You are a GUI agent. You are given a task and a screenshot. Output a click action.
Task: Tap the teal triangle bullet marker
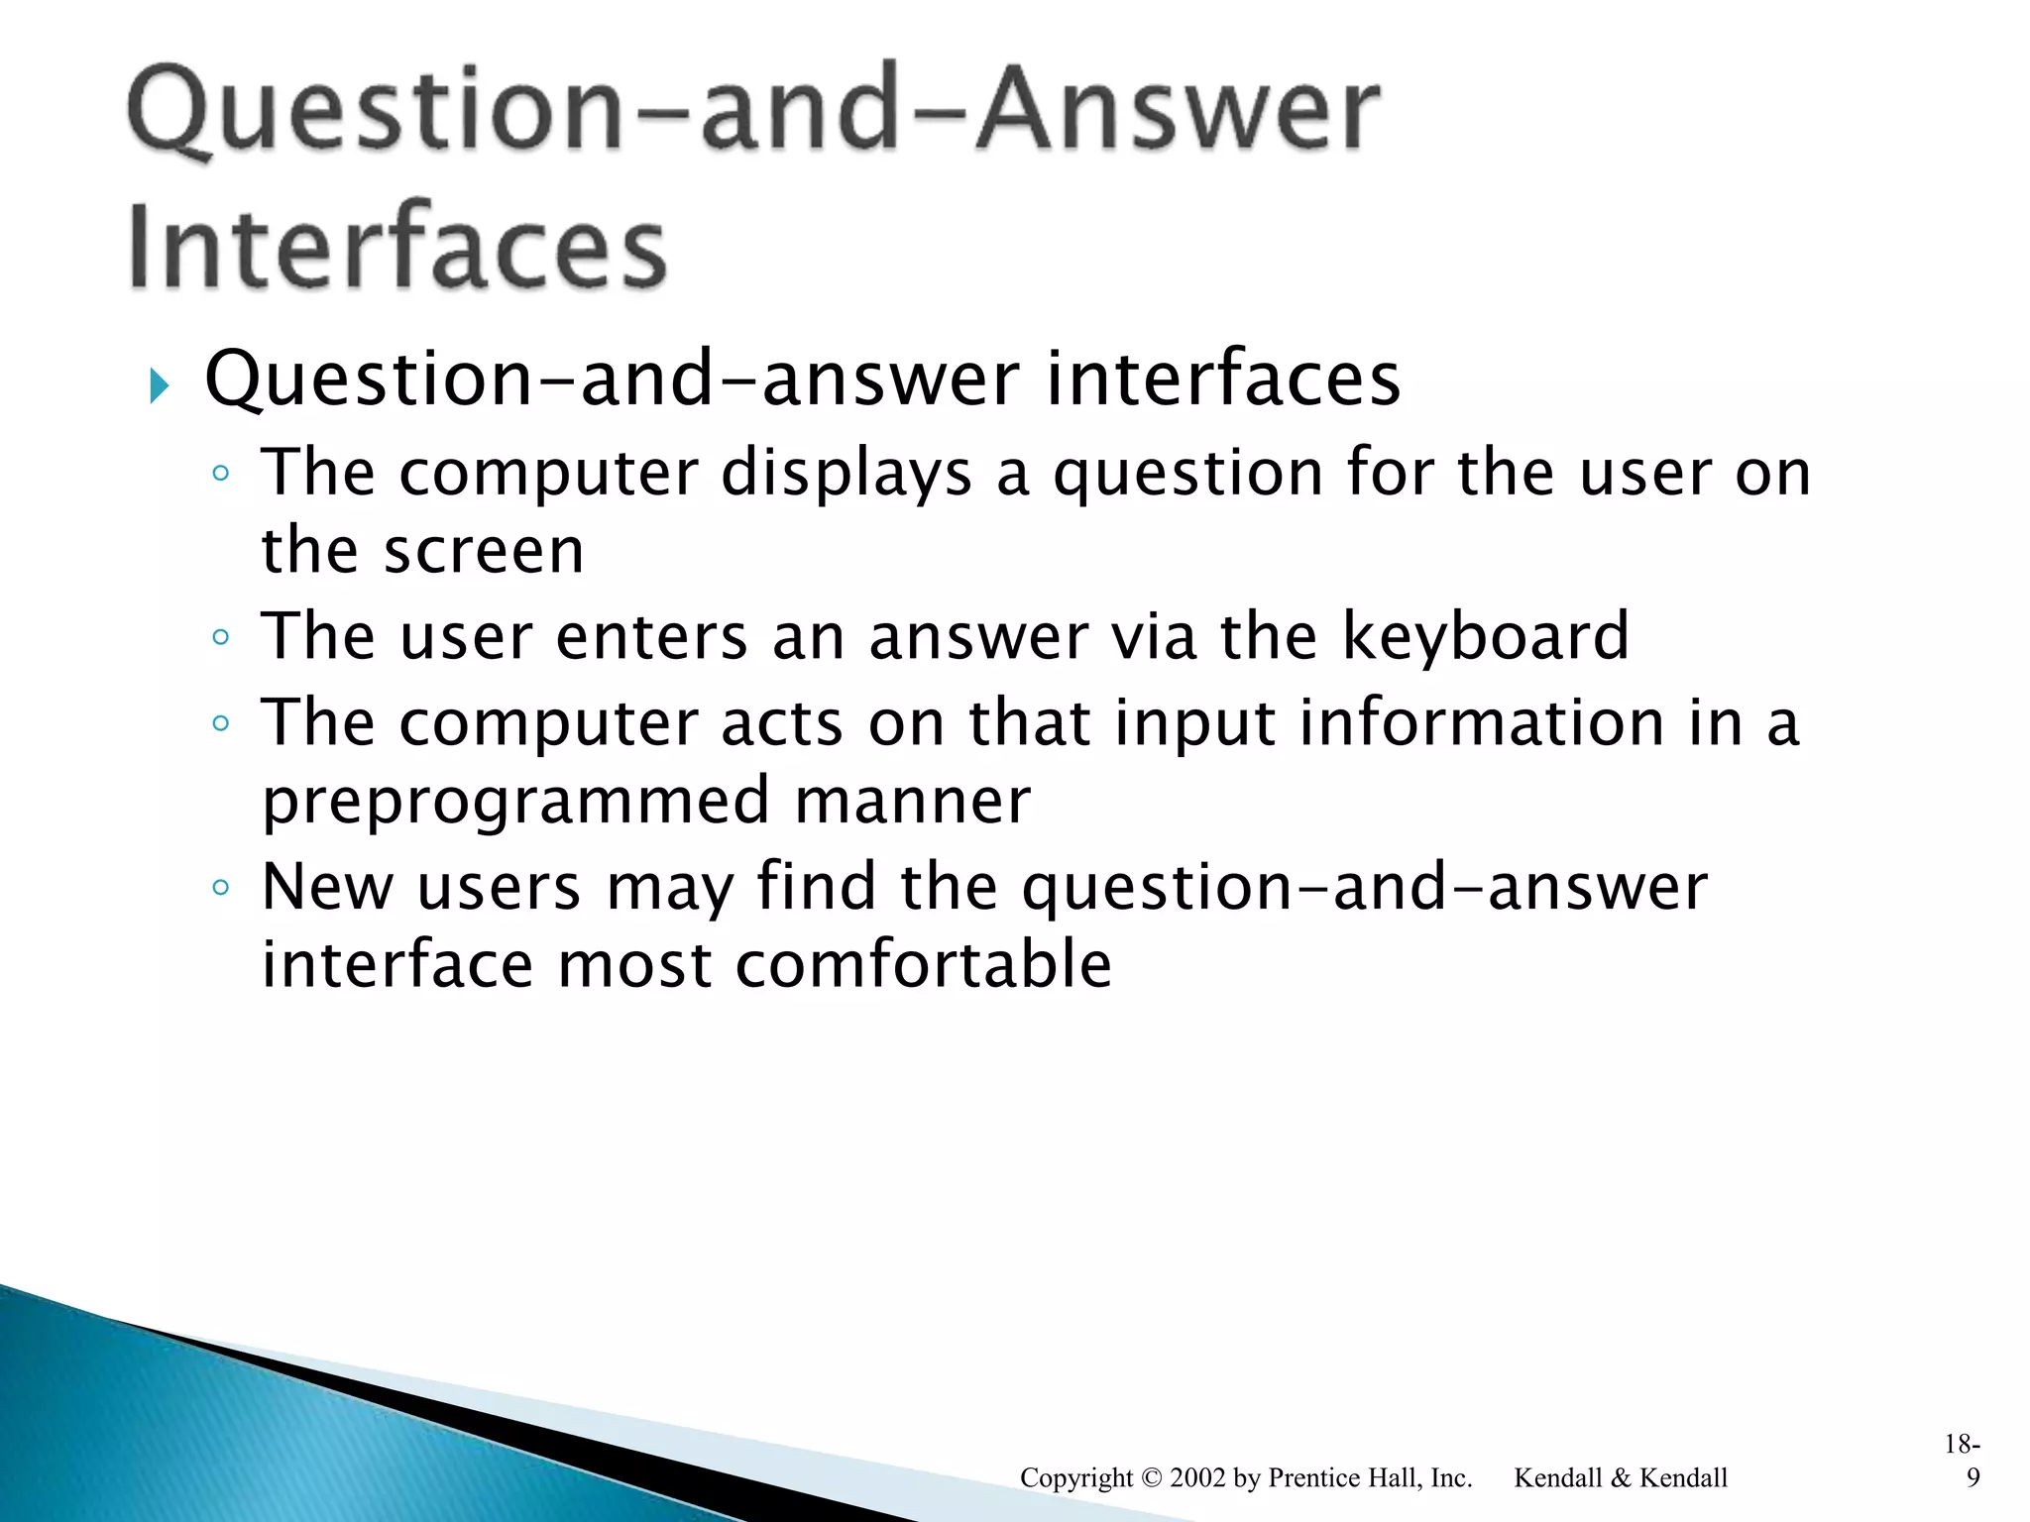(x=160, y=384)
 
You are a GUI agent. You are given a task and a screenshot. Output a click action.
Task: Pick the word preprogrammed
(x=515, y=803)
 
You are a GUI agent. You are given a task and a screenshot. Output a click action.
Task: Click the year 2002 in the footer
(x=1197, y=1477)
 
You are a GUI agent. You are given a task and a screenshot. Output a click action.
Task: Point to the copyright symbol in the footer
(x=1151, y=1477)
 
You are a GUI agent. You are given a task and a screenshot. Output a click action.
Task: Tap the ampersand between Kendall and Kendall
(x=1620, y=1477)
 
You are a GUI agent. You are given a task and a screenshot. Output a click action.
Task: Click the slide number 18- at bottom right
(x=1962, y=1444)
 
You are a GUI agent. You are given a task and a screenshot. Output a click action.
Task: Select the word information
(x=1482, y=722)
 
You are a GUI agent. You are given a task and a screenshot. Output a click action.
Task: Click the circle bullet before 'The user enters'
(x=220, y=637)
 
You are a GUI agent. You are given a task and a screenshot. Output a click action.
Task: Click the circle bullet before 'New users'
(x=220, y=887)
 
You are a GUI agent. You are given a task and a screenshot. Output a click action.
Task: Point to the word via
(x=1154, y=636)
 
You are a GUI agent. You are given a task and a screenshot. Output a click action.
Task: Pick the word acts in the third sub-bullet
(x=782, y=722)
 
